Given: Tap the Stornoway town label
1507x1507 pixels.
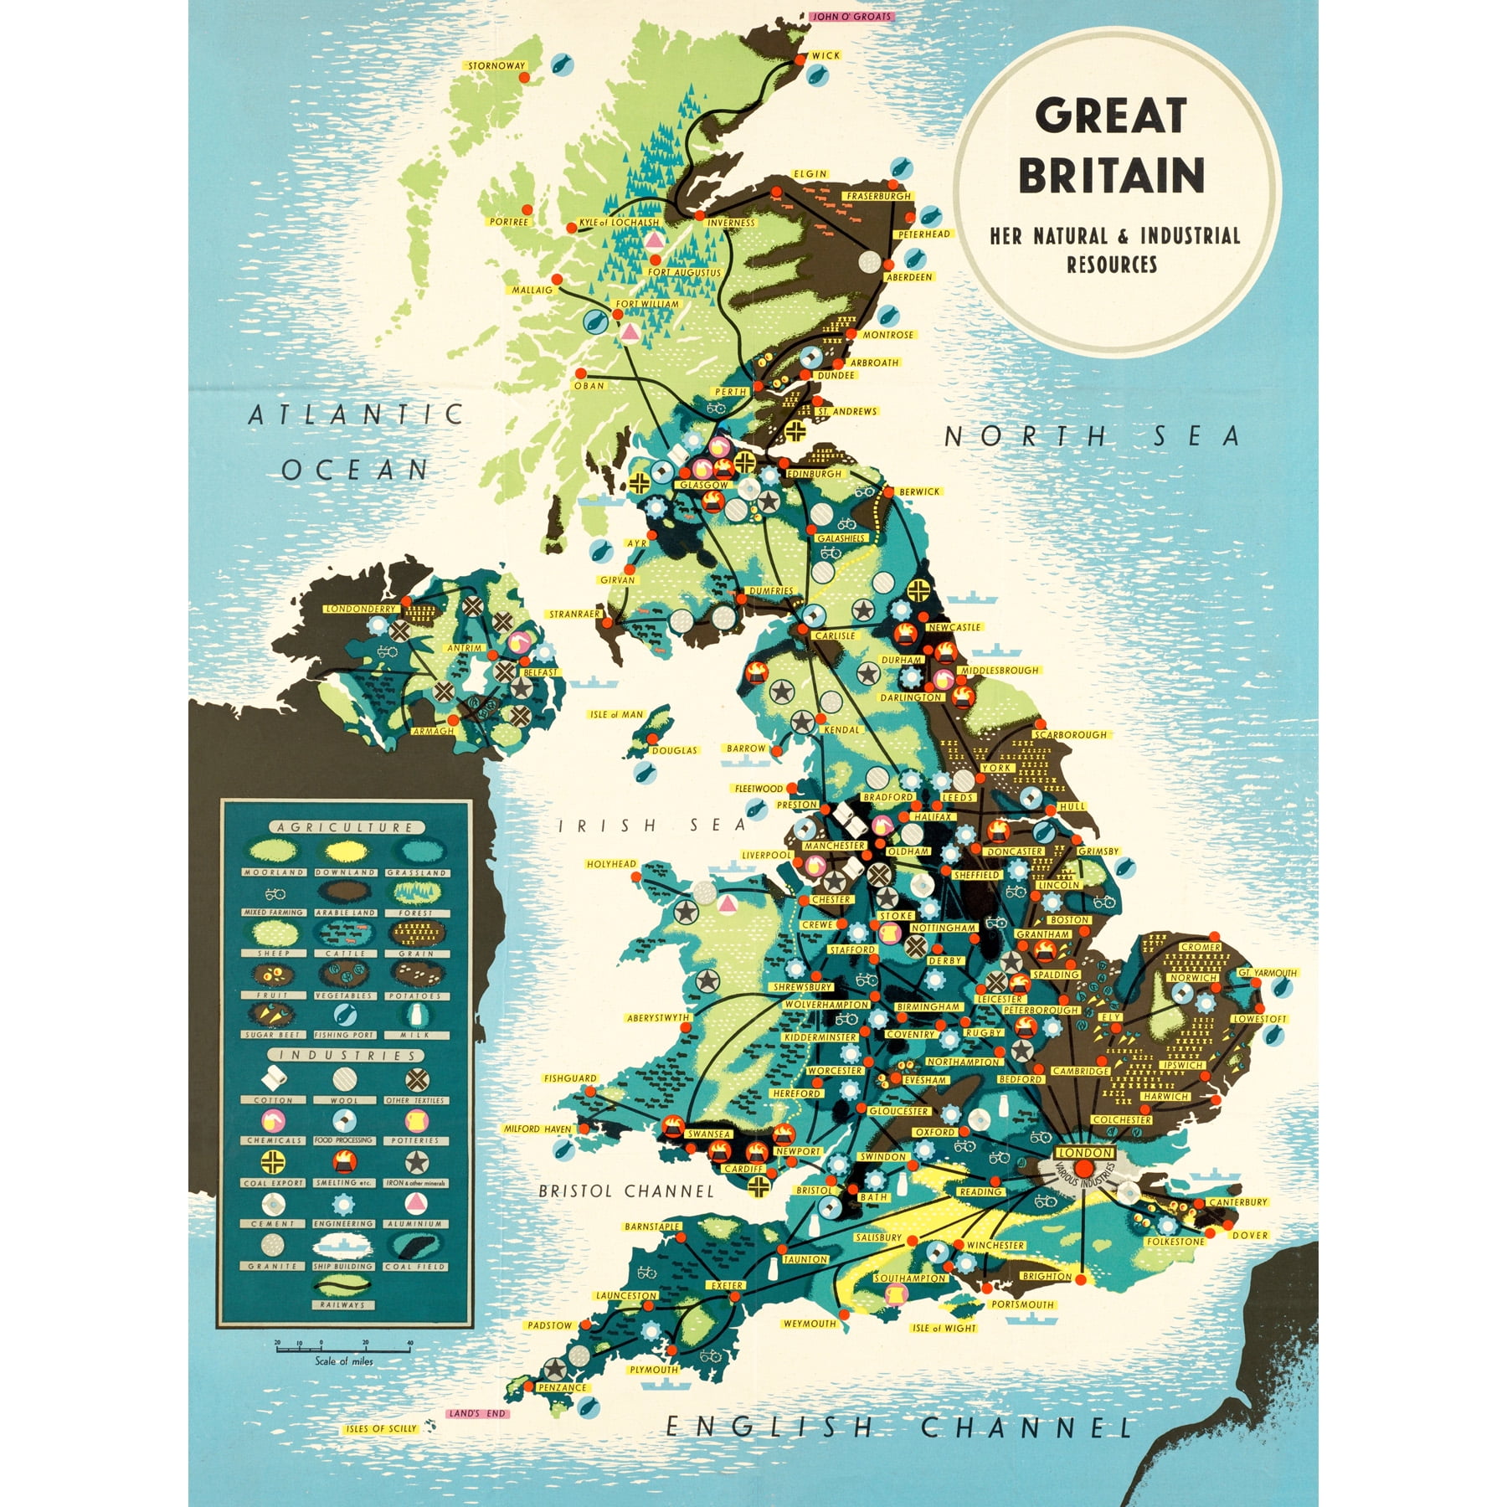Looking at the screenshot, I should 496,65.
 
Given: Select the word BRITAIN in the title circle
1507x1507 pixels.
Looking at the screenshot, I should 1111,175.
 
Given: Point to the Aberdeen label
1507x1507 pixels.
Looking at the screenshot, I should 909,277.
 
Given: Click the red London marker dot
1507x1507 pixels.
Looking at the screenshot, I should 1084,1169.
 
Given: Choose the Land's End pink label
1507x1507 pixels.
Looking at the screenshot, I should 478,1413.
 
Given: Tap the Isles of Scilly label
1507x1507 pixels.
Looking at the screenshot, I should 381,1428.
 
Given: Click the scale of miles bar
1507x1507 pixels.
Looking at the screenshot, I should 343,1350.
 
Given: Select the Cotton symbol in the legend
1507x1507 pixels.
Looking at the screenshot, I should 273,1078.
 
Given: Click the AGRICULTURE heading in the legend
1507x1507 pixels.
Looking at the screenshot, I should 345,827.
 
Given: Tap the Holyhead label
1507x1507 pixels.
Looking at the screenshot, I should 611,863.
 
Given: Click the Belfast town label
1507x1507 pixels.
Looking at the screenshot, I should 540,672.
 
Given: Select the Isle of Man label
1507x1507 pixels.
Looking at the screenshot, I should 617,714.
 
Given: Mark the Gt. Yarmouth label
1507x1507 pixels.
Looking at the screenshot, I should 1268,972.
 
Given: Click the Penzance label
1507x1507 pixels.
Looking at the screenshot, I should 562,1387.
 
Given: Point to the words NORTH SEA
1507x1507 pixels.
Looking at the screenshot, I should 1092,436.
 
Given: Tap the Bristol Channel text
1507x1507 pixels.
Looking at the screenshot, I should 626,1191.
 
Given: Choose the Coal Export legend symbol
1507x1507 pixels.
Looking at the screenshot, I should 273,1161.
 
